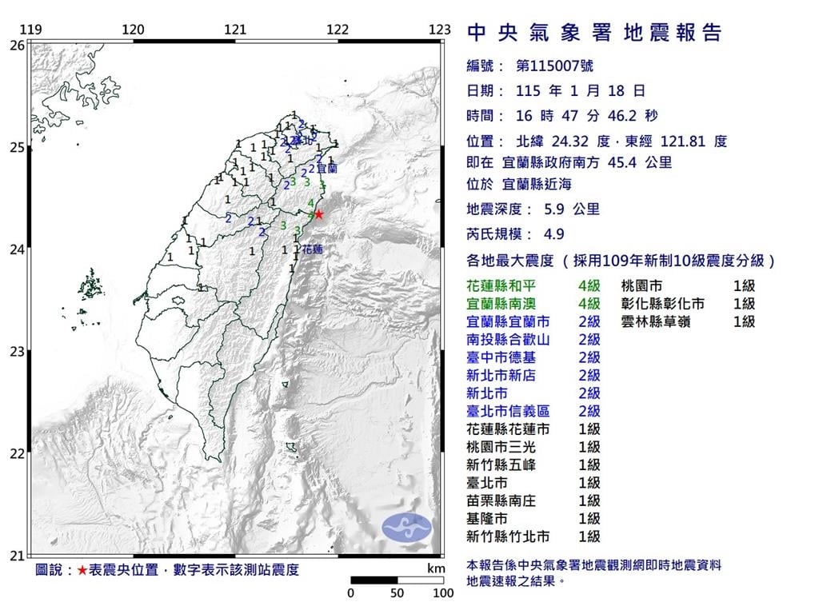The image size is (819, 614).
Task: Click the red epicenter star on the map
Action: [319, 214]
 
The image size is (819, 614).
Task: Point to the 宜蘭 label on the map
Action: [327, 169]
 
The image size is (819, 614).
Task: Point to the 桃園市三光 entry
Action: [501, 447]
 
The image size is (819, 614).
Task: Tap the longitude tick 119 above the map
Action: [30, 30]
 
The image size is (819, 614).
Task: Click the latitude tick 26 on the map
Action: [17, 46]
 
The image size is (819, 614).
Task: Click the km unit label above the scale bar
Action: [435, 568]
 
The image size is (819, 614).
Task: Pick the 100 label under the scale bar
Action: [443, 594]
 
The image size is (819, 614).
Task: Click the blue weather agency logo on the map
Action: [406, 527]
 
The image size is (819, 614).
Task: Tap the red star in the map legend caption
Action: [83, 571]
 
